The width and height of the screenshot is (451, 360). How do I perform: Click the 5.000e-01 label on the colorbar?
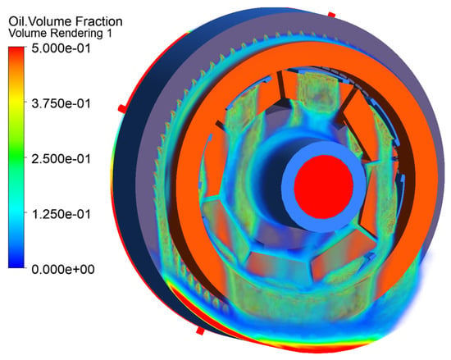tap(61, 48)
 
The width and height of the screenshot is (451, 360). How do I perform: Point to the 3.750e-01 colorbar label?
tap(61, 103)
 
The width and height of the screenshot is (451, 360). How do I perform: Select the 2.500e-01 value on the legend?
tap(61, 159)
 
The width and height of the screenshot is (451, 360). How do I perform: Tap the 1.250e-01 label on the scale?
tap(61, 214)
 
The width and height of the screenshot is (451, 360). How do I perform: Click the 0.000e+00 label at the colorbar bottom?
tap(63, 270)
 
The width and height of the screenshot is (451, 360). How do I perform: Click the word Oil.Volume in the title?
tap(40, 21)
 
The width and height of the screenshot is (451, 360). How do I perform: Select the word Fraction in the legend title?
tap(99, 21)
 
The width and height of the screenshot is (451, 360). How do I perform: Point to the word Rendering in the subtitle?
tap(77, 34)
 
